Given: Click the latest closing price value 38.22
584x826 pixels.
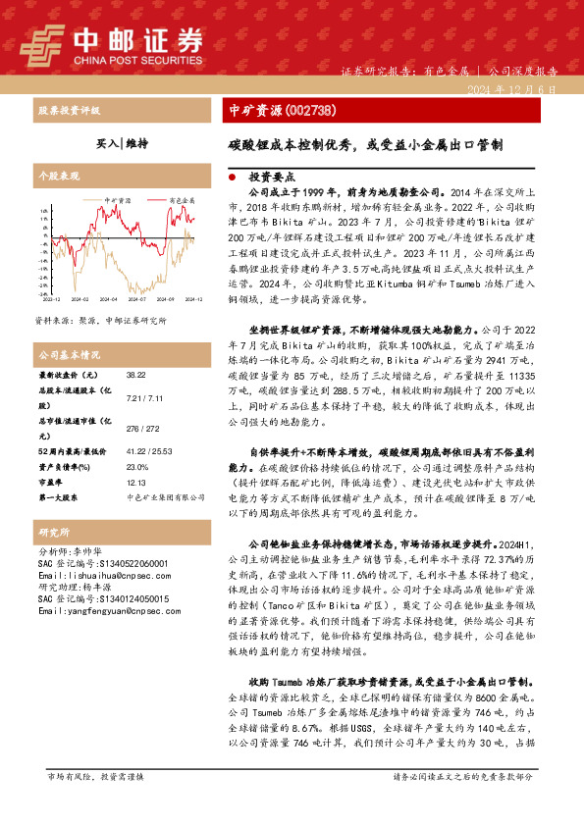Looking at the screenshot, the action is (x=136, y=376).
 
